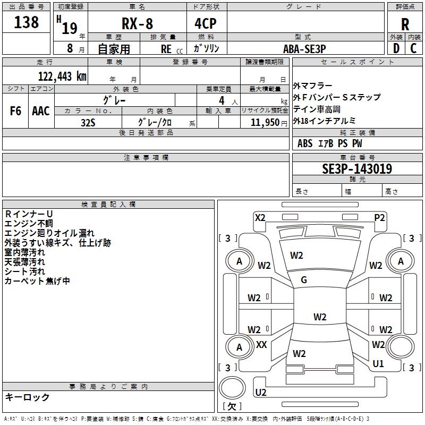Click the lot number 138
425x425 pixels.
[x=27, y=22]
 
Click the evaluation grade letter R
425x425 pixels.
[x=405, y=24]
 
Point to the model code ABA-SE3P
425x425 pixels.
[x=304, y=48]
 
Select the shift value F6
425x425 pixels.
[x=15, y=111]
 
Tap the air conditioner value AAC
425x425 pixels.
[x=41, y=111]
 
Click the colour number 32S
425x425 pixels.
[x=88, y=122]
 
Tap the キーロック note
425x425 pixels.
[x=27, y=397]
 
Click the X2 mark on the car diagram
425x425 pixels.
[x=260, y=217]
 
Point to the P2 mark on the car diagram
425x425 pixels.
[x=379, y=217]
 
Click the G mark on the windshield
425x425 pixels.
[x=304, y=280]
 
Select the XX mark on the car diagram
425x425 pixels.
[x=261, y=345]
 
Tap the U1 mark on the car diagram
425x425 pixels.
[x=378, y=364]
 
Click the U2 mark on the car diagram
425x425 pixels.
[x=261, y=392]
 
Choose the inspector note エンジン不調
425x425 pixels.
[x=29, y=223]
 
